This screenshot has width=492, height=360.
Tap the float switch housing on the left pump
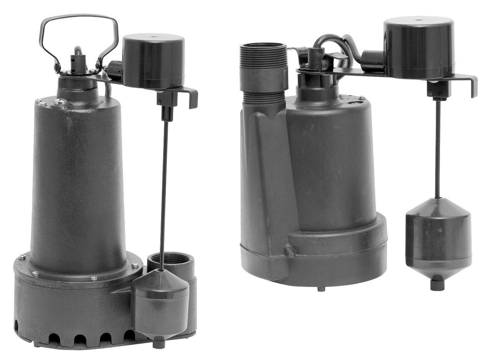[153, 62]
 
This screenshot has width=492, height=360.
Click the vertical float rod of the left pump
[164, 192]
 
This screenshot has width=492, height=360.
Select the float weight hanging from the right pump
[438, 238]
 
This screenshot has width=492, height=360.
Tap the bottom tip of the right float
[437, 285]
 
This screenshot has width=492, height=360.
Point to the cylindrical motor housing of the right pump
[331, 162]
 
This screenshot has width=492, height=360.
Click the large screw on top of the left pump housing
[60, 102]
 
